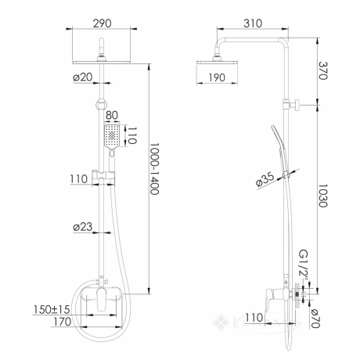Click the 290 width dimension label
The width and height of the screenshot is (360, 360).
point(102,23)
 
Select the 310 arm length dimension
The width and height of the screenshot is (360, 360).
point(253,23)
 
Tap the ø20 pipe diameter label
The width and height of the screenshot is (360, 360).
point(83,77)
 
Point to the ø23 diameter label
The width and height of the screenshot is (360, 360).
point(83,227)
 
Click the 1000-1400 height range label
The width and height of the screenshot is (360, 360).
point(154,169)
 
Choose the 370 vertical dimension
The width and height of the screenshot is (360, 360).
point(323,70)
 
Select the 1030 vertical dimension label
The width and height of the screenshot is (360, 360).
point(323,196)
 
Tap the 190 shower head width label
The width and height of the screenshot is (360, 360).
point(217,77)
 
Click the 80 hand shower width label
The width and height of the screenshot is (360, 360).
point(112,115)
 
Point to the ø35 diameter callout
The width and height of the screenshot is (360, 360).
point(265,180)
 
